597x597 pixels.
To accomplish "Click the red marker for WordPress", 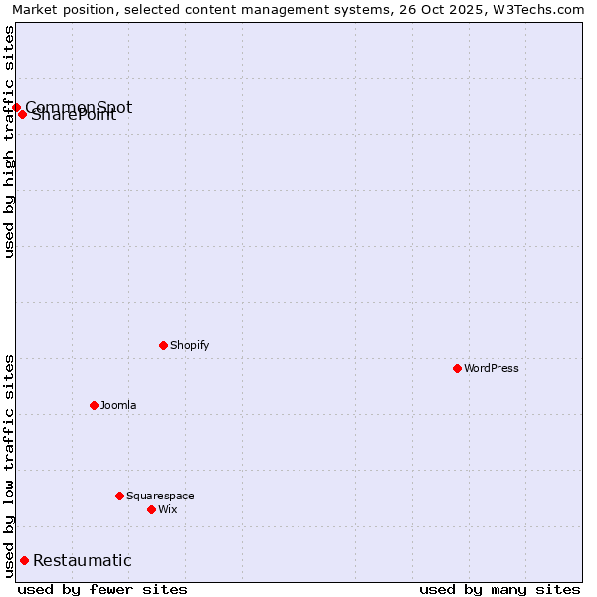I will click(457, 368).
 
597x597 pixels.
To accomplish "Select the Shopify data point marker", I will click(163, 345).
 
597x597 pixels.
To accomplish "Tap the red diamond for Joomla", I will click(94, 405).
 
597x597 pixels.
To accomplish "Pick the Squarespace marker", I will click(119, 496).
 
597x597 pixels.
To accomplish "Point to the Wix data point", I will click(151, 509).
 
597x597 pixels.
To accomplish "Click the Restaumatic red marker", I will click(24, 560).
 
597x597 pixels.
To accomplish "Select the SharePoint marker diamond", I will click(22, 114).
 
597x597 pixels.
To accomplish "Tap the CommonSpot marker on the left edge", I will click(16, 107).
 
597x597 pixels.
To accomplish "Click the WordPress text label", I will click(492, 368).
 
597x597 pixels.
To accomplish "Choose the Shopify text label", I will click(189, 345).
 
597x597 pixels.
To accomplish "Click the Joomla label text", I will click(118, 405).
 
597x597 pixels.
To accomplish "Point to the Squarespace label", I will click(160, 496).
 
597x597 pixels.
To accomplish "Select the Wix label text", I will click(167, 509).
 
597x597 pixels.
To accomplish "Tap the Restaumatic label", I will click(83, 561).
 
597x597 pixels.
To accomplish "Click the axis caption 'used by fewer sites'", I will click(102, 589).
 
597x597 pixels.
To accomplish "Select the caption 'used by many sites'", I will click(499, 589).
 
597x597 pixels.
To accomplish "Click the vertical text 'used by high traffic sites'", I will click(9, 141).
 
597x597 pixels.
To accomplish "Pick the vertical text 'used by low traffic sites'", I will click(9, 466).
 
